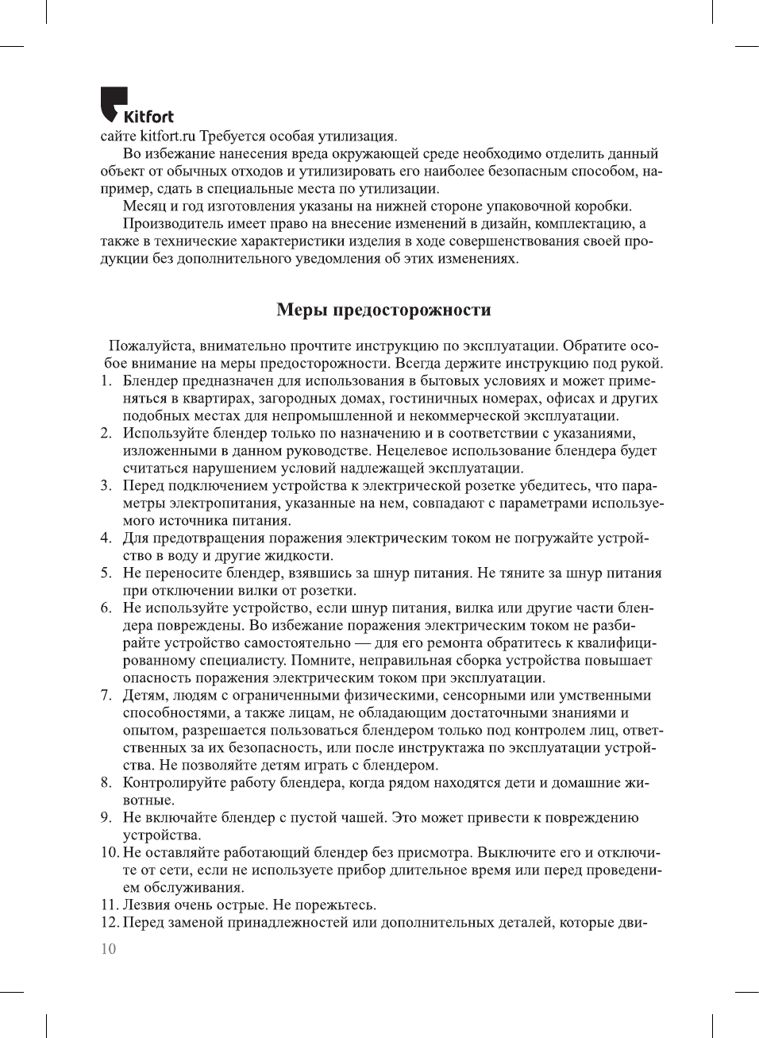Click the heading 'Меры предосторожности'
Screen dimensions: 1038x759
coord(383,310)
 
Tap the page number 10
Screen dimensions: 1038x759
coord(108,949)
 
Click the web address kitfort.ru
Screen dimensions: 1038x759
coord(168,137)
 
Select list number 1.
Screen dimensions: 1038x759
coord(106,380)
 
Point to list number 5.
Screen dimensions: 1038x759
coord(106,573)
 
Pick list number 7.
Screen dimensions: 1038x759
coord(106,695)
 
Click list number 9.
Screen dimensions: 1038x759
coord(106,817)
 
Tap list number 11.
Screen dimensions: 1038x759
coord(109,905)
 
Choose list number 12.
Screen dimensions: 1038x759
coord(109,922)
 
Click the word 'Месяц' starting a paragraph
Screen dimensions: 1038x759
coord(144,206)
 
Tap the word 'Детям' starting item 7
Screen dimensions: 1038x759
coord(142,695)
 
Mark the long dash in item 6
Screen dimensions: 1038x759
coord(362,642)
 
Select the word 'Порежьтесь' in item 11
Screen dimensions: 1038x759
coord(334,905)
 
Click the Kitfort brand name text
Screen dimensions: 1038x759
coord(148,117)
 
